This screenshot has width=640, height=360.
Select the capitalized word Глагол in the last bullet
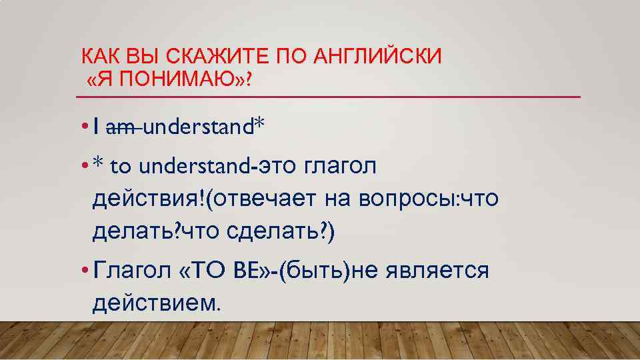[x=131, y=271]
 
